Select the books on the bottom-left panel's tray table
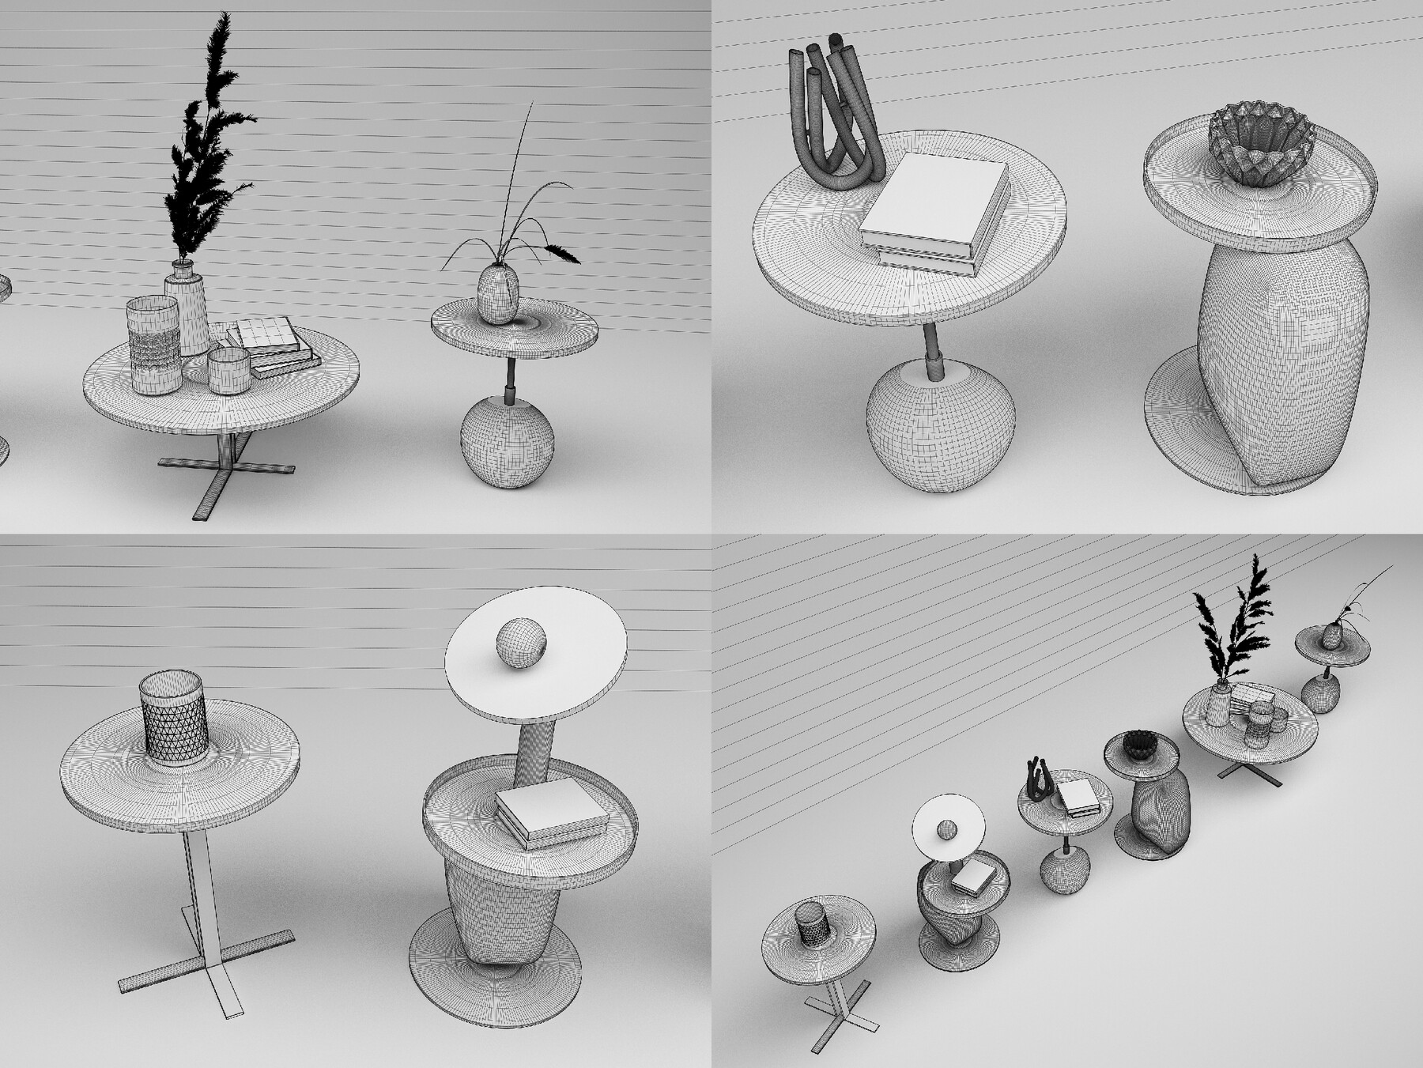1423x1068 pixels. (x=549, y=810)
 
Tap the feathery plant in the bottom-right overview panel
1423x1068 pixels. (x=1233, y=625)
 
